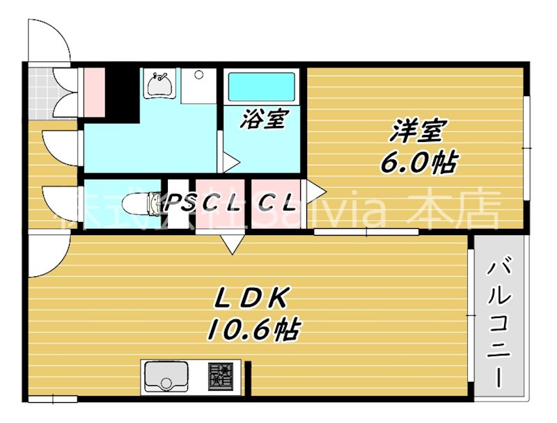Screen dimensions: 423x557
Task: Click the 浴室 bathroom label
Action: coord(262,120)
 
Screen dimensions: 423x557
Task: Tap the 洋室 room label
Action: coord(418,129)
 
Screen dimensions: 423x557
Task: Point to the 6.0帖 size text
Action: coord(418,163)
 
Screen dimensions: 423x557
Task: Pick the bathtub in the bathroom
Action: coord(261,87)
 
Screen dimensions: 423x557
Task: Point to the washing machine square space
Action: coord(198,85)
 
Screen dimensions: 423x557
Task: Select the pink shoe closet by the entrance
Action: coord(93,92)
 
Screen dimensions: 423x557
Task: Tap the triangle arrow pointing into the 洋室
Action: coord(316,189)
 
